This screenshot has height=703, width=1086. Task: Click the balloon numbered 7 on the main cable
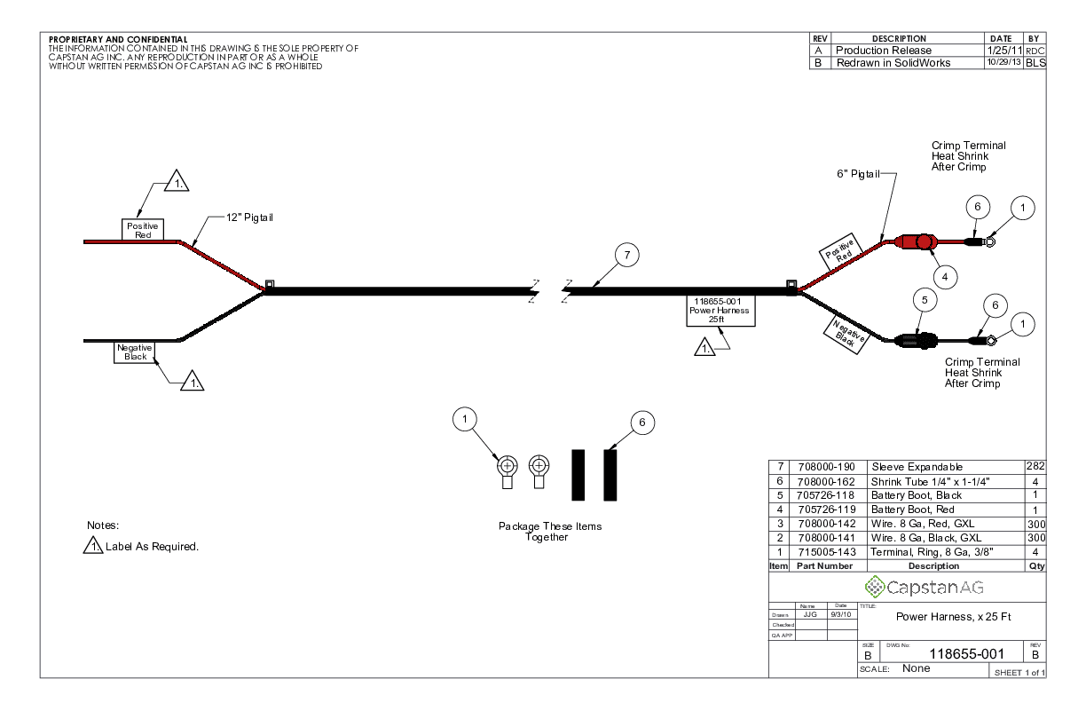(x=627, y=257)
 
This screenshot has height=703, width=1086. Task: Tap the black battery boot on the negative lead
(x=914, y=339)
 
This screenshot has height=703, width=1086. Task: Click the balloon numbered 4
(x=944, y=277)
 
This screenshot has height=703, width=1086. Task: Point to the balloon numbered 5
(x=925, y=301)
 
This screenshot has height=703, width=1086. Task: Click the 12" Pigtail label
(x=249, y=218)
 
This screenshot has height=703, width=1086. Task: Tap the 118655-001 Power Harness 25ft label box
(x=720, y=311)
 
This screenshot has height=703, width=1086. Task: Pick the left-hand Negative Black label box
(x=136, y=352)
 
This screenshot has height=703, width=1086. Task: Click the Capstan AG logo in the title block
(x=924, y=587)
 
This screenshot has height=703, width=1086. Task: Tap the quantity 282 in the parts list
(x=1035, y=466)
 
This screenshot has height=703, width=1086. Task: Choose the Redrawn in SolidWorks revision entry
(x=893, y=63)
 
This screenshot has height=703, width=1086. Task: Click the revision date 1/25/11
(x=1003, y=51)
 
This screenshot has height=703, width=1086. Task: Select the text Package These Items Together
(x=549, y=532)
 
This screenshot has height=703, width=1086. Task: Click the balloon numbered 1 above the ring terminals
(x=467, y=418)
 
